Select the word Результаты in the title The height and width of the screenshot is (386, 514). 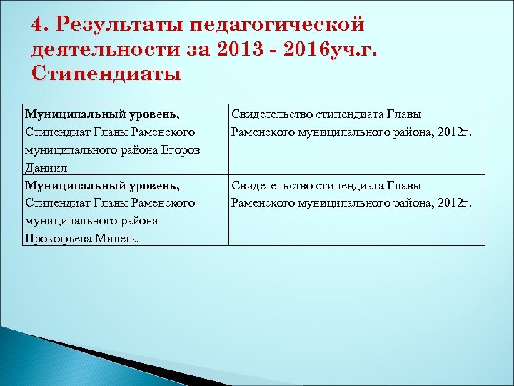[x=121, y=25]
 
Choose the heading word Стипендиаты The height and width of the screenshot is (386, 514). [x=106, y=74]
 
